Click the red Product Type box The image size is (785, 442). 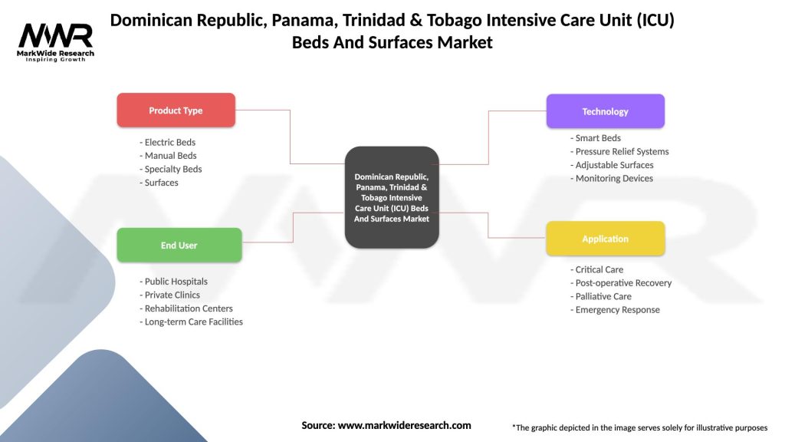[176, 110]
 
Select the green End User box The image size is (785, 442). [179, 246]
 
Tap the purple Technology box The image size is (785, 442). [605, 111]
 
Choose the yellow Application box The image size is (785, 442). [605, 239]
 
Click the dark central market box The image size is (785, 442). [392, 197]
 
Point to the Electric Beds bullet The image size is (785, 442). [168, 142]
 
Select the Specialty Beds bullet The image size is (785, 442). [171, 169]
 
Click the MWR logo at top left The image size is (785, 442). [56, 40]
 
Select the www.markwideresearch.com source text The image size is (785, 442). [404, 425]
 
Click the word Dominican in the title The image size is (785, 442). [149, 21]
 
